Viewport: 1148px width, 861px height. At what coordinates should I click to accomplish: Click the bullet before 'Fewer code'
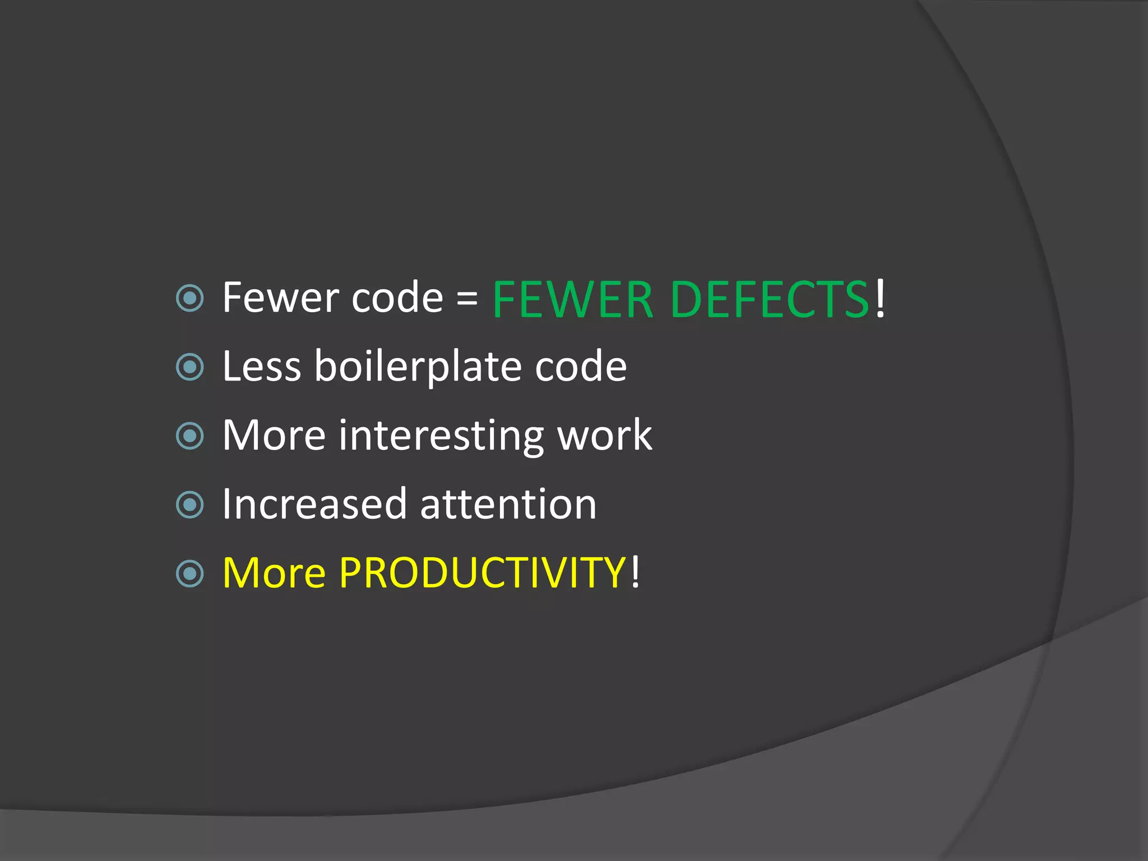point(189,299)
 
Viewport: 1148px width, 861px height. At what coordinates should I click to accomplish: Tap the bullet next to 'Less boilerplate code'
point(189,368)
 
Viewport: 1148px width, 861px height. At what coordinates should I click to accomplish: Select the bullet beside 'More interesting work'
point(189,436)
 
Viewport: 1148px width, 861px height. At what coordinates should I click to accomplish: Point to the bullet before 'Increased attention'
point(189,505)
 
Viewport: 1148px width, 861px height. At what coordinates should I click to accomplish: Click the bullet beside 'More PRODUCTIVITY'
point(189,573)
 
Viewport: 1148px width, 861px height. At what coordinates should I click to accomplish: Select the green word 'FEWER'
point(572,300)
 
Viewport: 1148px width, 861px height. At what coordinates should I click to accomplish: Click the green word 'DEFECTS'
point(769,300)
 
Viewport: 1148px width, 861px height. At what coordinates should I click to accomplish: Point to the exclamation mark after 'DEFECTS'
point(881,298)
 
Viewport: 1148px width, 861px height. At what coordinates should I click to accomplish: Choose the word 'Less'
point(261,367)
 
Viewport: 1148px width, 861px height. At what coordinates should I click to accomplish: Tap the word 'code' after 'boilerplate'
point(581,368)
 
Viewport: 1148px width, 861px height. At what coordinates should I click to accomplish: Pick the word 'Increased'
point(314,504)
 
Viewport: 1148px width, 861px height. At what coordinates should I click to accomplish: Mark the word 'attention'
point(508,504)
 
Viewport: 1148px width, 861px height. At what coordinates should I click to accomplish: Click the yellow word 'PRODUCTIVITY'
point(482,573)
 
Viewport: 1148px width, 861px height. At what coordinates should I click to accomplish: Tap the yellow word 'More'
point(274,573)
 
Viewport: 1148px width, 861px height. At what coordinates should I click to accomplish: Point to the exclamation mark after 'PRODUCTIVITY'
point(635,572)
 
